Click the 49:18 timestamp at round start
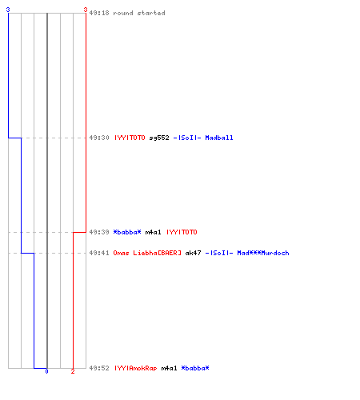[x=99, y=13]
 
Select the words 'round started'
[x=139, y=13]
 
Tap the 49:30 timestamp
[x=99, y=138]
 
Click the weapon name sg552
[x=159, y=138]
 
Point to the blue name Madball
[x=219, y=138]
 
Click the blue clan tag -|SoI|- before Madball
[x=187, y=138]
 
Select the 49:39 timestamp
[x=99, y=232]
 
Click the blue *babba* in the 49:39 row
[x=127, y=232]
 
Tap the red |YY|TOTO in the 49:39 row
[x=182, y=232]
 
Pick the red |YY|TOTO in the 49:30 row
[x=130, y=138]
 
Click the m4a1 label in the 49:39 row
[x=154, y=232]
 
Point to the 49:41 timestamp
[x=99, y=253]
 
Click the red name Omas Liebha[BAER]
[x=147, y=253]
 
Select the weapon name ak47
[x=194, y=253]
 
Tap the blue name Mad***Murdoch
[x=263, y=253]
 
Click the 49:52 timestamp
[x=99, y=368]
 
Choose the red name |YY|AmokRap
[x=136, y=368]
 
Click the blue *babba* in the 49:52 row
[x=195, y=368]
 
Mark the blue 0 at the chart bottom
[x=46, y=371]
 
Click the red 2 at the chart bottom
[x=73, y=371]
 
